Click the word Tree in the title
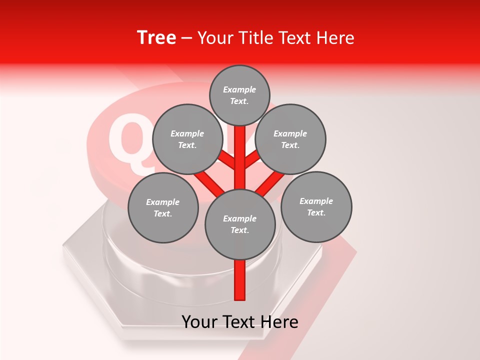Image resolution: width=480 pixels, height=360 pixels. pos(156,37)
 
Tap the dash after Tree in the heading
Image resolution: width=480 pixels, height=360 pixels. pos(186,38)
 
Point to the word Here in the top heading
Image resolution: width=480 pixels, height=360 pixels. pos(335,38)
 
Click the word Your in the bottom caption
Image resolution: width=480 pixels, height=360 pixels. pos(200,322)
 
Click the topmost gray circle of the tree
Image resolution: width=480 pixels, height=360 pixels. pos(239,95)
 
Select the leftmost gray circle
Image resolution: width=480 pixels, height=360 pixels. pos(163,207)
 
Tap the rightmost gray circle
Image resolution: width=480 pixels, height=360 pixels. pos(316,206)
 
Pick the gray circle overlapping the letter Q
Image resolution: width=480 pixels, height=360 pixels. pos(187,139)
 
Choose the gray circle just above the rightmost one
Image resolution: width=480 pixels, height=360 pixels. pos(290,139)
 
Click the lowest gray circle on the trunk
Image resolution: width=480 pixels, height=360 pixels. pos(240,224)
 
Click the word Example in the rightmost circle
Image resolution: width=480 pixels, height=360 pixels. pos(316,201)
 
